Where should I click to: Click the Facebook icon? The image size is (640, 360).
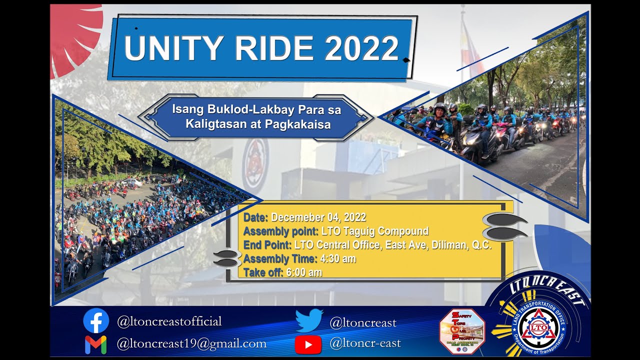pyautogui.click(x=96, y=320)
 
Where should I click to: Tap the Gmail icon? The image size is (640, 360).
pyautogui.click(x=95, y=344)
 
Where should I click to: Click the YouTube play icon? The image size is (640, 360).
pyautogui.click(x=308, y=344)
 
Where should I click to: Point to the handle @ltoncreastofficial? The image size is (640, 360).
pyautogui.click(x=169, y=321)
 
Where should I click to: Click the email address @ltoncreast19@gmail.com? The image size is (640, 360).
pyautogui.click(x=191, y=344)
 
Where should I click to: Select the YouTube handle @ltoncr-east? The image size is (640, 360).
pyautogui.click(x=365, y=344)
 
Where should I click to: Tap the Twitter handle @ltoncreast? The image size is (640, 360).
pyautogui.click(x=362, y=323)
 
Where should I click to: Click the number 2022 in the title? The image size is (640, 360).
pyautogui.click(x=361, y=48)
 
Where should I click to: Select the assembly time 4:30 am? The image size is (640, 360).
pyautogui.click(x=337, y=259)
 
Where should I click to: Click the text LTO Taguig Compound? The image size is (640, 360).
pyautogui.click(x=374, y=231)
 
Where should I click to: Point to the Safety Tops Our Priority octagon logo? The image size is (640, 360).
pyautogui.click(x=461, y=331)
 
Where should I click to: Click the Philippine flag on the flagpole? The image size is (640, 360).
pyautogui.click(x=472, y=47)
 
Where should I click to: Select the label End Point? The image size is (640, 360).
pyautogui.click(x=267, y=245)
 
